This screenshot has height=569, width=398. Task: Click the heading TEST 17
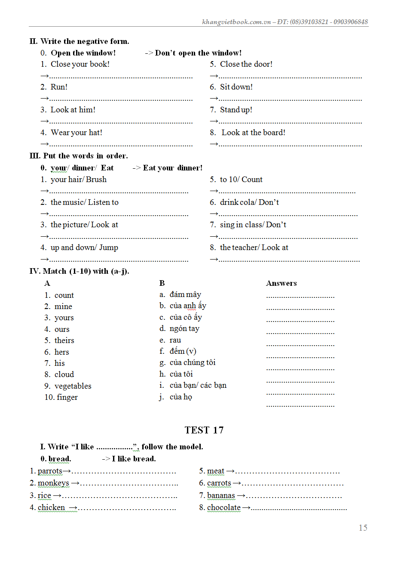[x=204, y=430]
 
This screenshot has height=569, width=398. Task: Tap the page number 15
[x=363, y=528]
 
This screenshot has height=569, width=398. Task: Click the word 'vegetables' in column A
[x=73, y=386]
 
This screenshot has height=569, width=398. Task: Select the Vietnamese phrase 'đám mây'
[x=185, y=294]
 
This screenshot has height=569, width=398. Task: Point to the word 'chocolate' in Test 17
[x=223, y=507]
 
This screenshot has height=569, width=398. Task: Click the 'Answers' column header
[x=281, y=283]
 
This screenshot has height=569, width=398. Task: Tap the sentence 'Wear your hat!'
[x=77, y=133]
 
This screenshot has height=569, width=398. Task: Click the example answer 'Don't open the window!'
[x=198, y=53]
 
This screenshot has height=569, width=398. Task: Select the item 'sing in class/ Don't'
[x=253, y=225]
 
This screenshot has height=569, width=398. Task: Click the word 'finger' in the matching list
[x=67, y=397]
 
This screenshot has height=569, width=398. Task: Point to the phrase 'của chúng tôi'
[x=193, y=362]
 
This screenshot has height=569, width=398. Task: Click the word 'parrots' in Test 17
[x=50, y=471]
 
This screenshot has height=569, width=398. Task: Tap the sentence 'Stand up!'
[x=236, y=110]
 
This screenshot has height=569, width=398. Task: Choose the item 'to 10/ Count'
[x=241, y=179]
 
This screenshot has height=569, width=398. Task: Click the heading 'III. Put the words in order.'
[x=79, y=156]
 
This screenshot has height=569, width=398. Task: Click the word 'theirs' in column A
[x=64, y=340]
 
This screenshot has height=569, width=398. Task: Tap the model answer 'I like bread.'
[x=134, y=459]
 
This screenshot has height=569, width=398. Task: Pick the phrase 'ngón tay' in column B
[x=184, y=328]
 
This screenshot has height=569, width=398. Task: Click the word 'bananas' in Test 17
[x=221, y=495]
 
